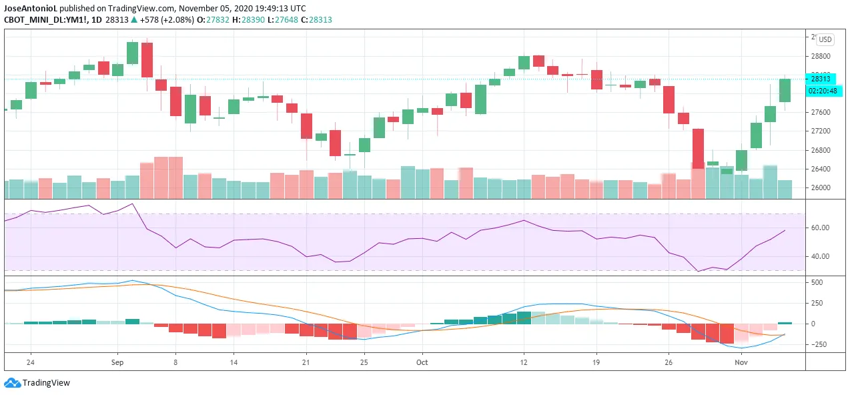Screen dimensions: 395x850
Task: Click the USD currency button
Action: [x=825, y=39]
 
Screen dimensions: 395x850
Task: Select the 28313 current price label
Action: [x=821, y=78]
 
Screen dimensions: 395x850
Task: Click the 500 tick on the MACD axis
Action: [x=817, y=283]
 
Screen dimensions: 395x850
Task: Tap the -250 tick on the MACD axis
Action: [x=818, y=344]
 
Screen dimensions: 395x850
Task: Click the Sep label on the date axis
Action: [x=117, y=363]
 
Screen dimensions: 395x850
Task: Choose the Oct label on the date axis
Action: [x=422, y=363]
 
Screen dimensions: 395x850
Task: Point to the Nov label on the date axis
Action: [x=740, y=363]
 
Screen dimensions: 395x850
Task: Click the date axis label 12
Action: [x=524, y=363]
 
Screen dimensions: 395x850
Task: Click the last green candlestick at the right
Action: [x=785, y=90]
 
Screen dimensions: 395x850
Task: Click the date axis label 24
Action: [x=30, y=363]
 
